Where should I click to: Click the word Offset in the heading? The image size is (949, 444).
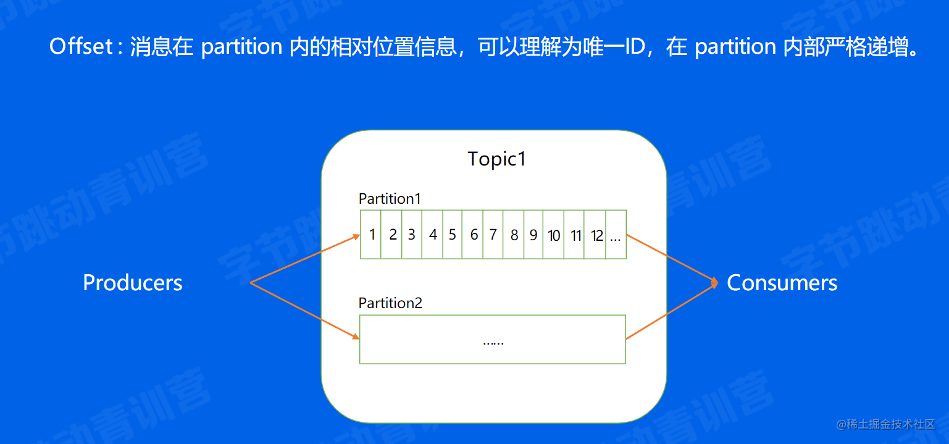click(80, 47)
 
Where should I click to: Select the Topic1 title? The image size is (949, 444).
click(496, 159)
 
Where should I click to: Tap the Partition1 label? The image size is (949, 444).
click(390, 199)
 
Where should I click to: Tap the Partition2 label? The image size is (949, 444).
click(390, 303)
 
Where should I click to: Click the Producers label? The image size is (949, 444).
click(133, 283)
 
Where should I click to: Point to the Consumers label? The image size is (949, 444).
click(782, 283)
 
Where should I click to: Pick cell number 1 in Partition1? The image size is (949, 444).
click(372, 235)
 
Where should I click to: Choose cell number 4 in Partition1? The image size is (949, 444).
click(433, 235)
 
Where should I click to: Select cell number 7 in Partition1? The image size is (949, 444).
click(493, 235)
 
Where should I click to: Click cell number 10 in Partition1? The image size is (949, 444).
click(554, 235)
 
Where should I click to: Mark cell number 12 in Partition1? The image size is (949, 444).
click(596, 235)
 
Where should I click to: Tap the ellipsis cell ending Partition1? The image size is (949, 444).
click(615, 235)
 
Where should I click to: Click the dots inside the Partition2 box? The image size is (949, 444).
click(493, 341)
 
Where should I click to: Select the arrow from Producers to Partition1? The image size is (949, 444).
click(306, 259)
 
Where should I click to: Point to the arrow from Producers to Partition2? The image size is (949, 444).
click(306, 311)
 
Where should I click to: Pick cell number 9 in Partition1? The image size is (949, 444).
click(533, 235)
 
